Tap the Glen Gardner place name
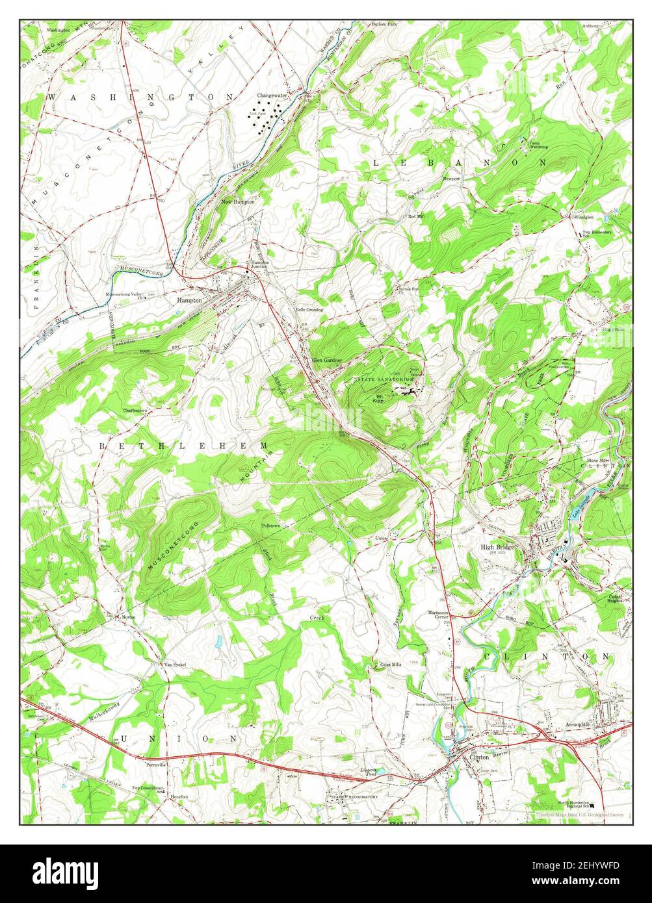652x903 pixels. point(326,359)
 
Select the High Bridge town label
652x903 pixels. point(498,547)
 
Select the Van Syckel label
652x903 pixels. point(174,665)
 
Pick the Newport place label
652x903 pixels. point(451,178)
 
